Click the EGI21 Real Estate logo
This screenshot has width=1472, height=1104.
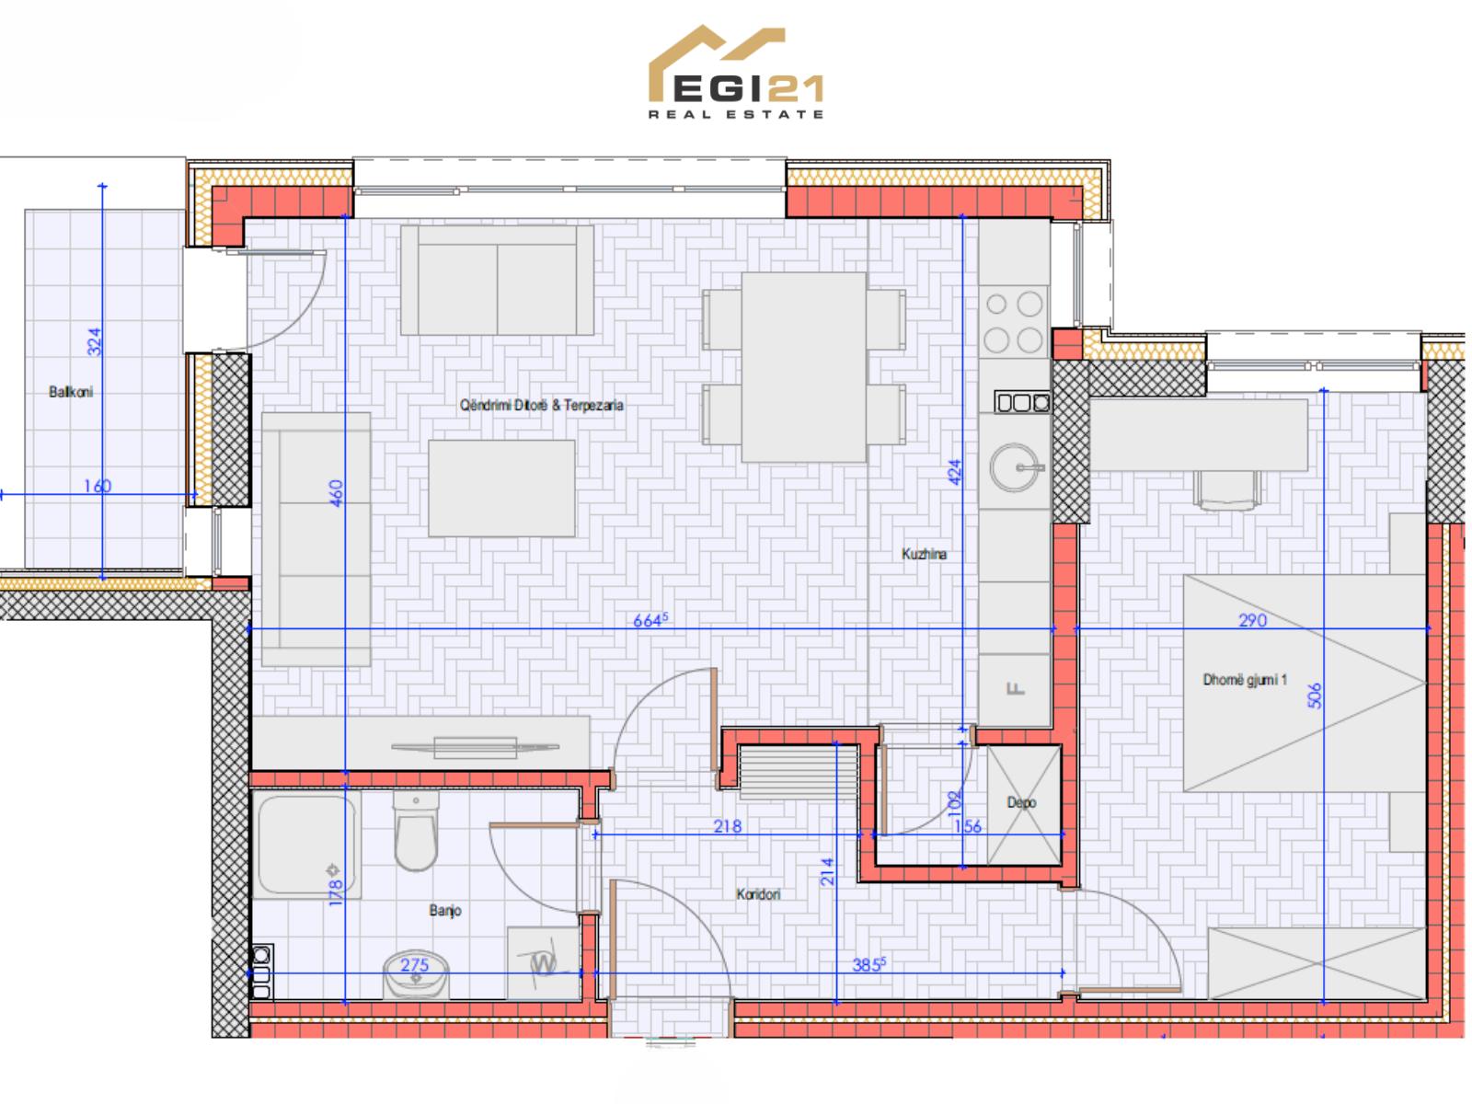click(x=736, y=73)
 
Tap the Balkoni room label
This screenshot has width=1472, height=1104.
click(x=71, y=392)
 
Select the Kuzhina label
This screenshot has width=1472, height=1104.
click(x=924, y=555)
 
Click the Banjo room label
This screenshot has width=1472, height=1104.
click(x=445, y=911)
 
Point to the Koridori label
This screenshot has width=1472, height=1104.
click(x=758, y=894)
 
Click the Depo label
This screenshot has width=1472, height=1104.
click(x=1021, y=803)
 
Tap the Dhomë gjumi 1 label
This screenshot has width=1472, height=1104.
click(x=1245, y=681)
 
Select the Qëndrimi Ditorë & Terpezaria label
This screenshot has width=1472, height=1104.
click(x=541, y=406)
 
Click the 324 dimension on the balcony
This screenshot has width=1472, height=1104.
click(x=95, y=342)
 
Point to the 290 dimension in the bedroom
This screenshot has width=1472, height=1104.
click(x=1252, y=620)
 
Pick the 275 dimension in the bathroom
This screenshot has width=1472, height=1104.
click(x=414, y=964)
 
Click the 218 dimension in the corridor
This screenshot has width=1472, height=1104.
click(x=728, y=826)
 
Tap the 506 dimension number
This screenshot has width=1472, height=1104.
click(x=1315, y=696)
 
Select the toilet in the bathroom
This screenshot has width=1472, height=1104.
click(x=417, y=831)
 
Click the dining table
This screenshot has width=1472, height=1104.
click(x=804, y=367)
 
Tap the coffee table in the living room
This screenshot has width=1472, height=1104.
click(x=501, y=488)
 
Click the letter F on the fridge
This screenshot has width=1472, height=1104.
click(x=1016, y=688)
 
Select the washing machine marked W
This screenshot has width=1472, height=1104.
click(x=543, y=964)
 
